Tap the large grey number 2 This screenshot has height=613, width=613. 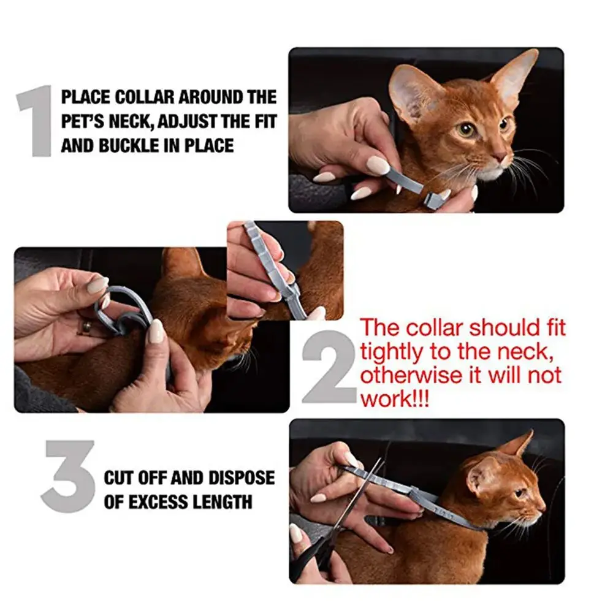330,367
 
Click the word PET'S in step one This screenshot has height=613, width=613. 83,121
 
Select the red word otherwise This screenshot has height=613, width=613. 411,375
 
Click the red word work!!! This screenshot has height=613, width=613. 394,399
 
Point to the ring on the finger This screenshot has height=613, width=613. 86,327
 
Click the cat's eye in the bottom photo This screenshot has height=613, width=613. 520,493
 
